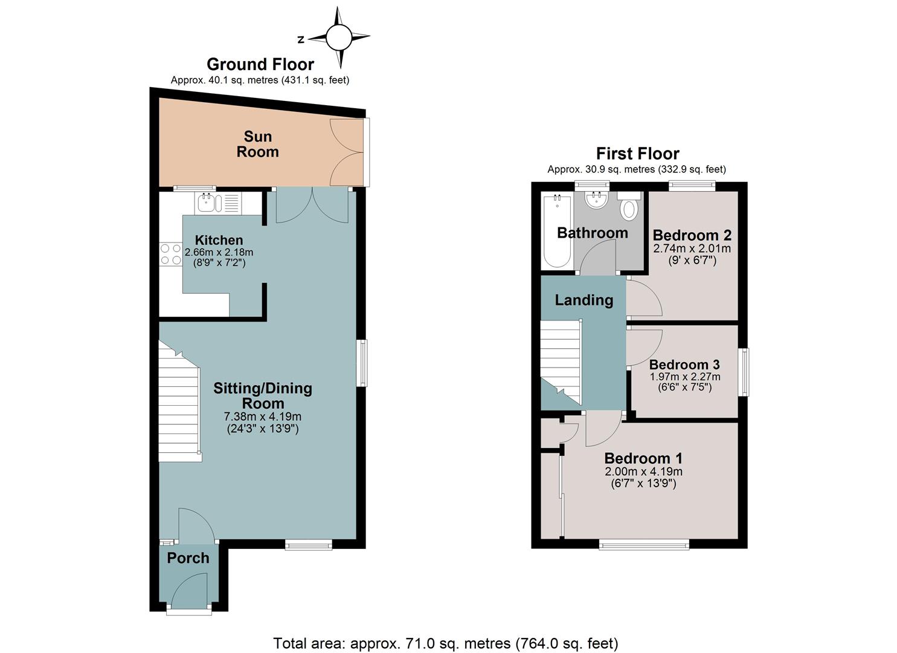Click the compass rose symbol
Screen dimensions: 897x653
click(339, 37)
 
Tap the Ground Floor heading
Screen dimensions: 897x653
click(260, 64)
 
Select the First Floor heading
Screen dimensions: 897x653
click(637, 154)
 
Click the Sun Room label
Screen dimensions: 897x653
click(257, 145)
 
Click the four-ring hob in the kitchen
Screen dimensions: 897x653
click(171, 254)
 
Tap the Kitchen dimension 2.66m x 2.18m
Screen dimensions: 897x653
click(219, 253)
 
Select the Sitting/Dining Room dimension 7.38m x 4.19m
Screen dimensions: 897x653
click(263, 417)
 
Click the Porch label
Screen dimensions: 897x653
click(188, 558)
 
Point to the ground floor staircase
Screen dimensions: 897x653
click(179, 401)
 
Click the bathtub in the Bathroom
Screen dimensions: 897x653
click(557, 231)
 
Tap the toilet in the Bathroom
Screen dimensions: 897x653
click(629, 206)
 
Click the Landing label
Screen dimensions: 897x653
click(584, 300)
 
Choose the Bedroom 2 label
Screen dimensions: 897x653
click(692, 235)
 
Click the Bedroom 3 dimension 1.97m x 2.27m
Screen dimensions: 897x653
click(685, 377)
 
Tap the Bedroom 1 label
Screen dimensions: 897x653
click(643, 458)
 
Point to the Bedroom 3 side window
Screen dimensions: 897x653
click(744, 372)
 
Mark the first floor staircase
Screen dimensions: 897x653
click(561, 362)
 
